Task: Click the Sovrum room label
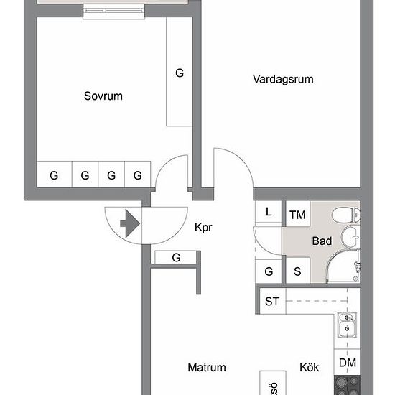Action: click(x=103, y=96)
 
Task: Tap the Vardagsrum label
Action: click(x=283, y=79)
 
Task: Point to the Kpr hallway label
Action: click(x=203, y=227)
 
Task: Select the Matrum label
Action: click(x=207, y=367)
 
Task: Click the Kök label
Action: click(x=310, y=367)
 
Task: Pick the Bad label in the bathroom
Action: click(x=322, y=241)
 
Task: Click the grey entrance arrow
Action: click(x=130, y=223)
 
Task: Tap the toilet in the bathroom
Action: click(x=346, y=215)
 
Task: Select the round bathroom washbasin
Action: click(x=350, y=237)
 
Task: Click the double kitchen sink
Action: click(x=347, y=325)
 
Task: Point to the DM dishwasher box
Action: click(x=347, y=362)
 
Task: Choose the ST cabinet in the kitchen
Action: click(x=273, y=302)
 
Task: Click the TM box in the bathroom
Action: click(x=298, y=214)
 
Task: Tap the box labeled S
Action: click(x=298, y=270)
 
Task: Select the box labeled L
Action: click(x=269, y=212)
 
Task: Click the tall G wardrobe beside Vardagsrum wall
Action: click(x=180, y=72)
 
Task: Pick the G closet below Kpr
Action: click(x=176, y=257)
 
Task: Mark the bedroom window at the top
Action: click(x=114, y=11)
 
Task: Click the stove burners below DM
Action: click(x=347, y=385)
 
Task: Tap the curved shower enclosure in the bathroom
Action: click(x=343, y=266)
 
